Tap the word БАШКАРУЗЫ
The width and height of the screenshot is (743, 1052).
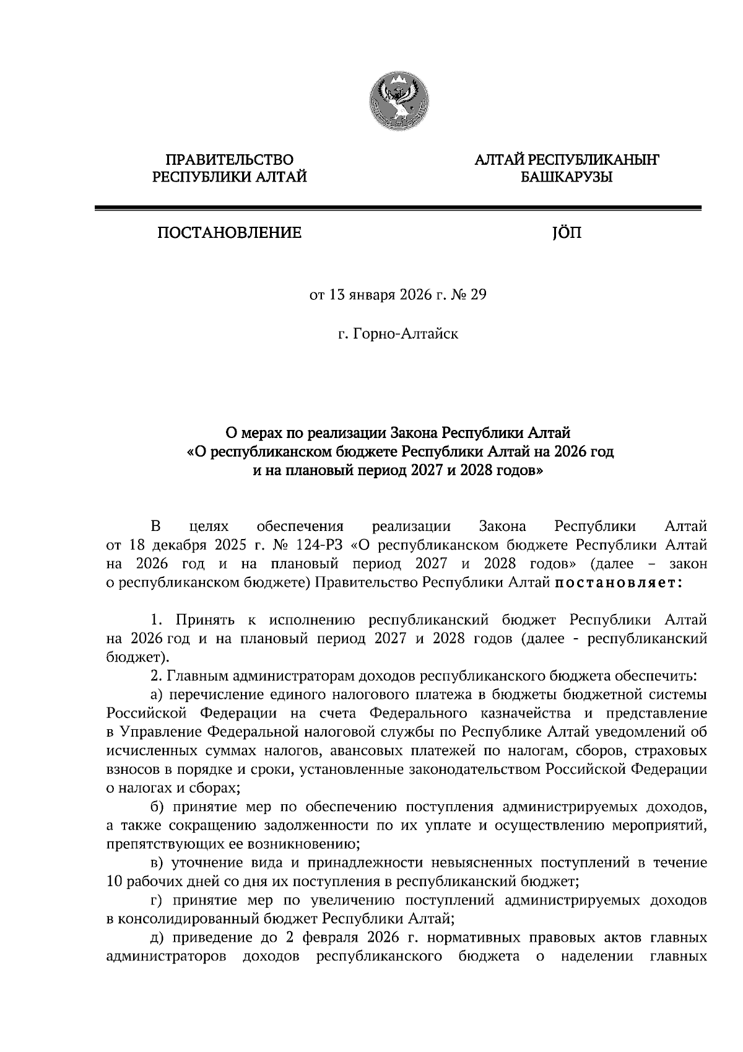point(567,178)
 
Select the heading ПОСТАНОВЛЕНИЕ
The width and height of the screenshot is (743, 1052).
point(230,233)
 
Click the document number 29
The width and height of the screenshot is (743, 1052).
point(479,295)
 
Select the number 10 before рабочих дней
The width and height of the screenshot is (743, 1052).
point(114,881)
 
